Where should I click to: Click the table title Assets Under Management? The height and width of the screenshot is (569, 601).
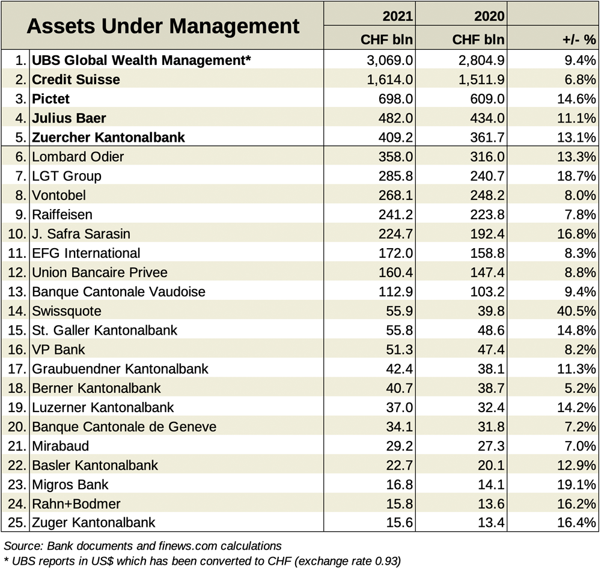click(163, 26)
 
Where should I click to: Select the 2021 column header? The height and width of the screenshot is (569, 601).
click(397, 16)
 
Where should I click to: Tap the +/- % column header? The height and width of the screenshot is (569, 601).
click(579, 40)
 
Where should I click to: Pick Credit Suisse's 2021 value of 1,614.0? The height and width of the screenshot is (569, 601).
click(390, 80)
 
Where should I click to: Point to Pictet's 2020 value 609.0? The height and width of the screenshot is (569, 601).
click(487, 99)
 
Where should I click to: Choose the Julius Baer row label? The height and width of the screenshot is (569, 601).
click(69, 118)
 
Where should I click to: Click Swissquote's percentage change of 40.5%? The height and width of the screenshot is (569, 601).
click(576, 311)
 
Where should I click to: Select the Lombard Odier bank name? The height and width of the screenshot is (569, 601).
click(78, 157)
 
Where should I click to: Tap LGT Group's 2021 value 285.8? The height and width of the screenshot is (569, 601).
click(395, 176)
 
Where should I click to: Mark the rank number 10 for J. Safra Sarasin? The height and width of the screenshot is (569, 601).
click(17, 234)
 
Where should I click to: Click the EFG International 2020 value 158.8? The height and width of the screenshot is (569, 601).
click(487, 253)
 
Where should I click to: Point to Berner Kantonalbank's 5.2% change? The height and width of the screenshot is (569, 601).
click(581, 388)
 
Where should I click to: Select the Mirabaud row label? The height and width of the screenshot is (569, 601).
click(61, 446)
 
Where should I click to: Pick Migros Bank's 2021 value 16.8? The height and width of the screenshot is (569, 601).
click(400, 484)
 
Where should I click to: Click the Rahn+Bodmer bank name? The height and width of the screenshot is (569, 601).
click(76, 504)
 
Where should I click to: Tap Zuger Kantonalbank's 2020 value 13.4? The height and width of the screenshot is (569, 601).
click(491, 522)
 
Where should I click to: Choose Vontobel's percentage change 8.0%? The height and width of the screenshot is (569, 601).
click(581, 195)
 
